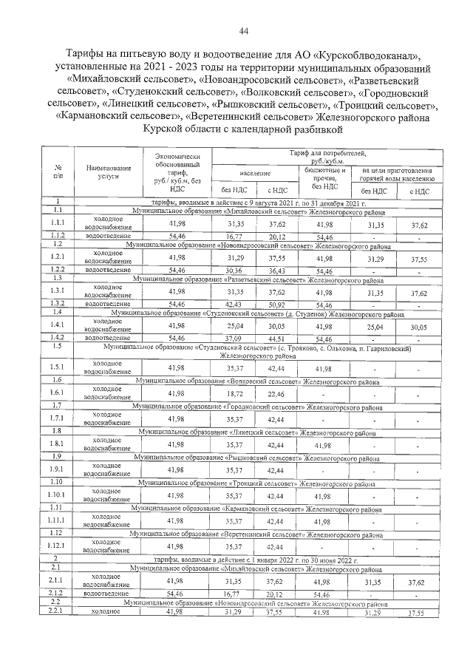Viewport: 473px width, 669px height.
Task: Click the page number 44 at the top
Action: point(243,30)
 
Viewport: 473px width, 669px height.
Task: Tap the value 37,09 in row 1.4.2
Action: point(236,337)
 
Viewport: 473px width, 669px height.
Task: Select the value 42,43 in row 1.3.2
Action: point(236,304)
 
